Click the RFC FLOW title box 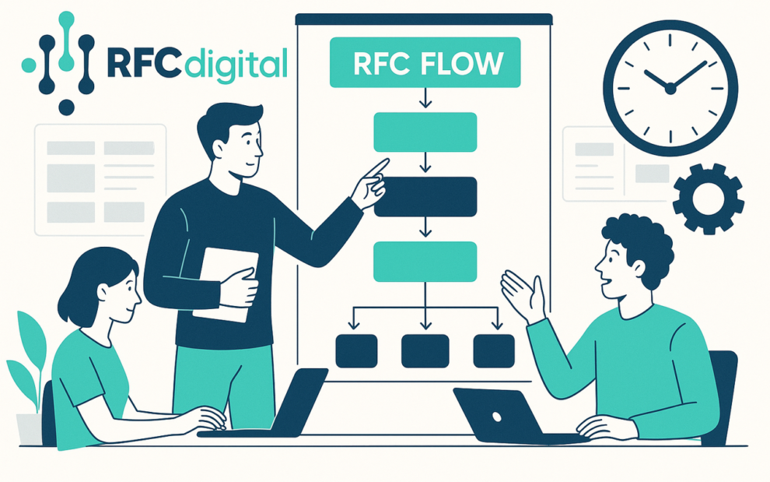425,62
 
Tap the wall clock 670,88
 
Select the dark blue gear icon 708,199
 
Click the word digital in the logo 233,64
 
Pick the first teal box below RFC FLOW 425,132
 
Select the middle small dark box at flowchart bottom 425,350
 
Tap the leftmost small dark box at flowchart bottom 356,350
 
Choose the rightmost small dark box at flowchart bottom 493,350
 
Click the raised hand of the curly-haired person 521,294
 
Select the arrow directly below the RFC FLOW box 425,98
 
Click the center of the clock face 670,89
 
